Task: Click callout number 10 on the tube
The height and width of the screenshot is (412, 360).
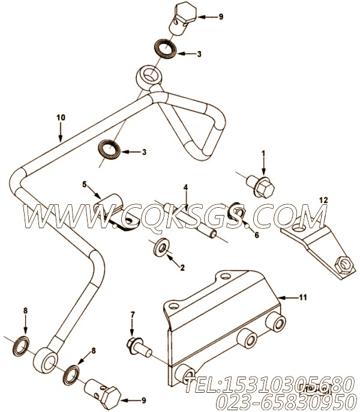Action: pyautogui.click(x=61, y=118)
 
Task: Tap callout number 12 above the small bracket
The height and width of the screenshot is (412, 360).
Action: pyautogui.click(x=323, y=200)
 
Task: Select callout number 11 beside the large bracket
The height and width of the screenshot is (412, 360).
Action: pyautogui.click(x=303, y=297)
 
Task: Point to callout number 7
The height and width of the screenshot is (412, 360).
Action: pyautogui.click(x=133, y=314)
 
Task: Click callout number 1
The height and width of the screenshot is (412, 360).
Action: pyautogui.click(x=263, y=153)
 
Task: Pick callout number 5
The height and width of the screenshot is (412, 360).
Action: pyautogui.click(x=84, y=184)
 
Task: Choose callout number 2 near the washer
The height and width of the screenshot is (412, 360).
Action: pyautogui.click(x=182, y=267)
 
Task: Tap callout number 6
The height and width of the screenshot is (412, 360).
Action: pyautogui.click(x=257, y=235)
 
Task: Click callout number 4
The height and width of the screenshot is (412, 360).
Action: pyautogui.click(x=185, y=187)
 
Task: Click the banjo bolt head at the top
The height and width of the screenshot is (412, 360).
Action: pyautogui.click(x=186, y=13)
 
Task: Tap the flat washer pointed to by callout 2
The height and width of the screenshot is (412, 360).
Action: pyautogui.click(x=161, y=247)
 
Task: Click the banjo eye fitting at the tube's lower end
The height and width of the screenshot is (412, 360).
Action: pyautogui.click(x=46, y=360)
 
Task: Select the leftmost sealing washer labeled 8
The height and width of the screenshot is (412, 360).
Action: pyautogui.click(x=21, y=346)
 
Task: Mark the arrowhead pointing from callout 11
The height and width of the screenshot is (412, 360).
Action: pyautogui.click(x=281, y=298)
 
